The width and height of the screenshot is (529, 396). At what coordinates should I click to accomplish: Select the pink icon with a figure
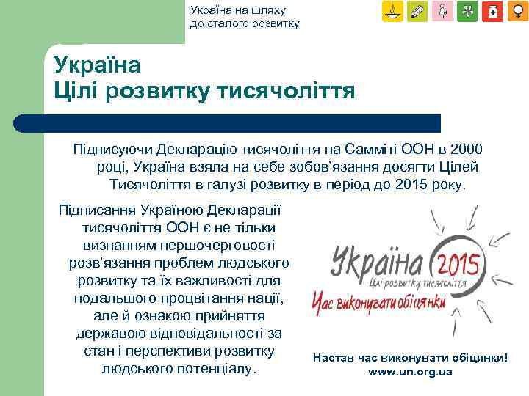pyautogui.click(x=443, y=12)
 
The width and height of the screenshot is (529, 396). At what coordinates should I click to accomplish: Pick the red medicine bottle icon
pyautogui.click(x=493, y=12)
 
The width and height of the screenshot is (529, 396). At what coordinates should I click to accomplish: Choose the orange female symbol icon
pyautogui.click(x=517, y=12)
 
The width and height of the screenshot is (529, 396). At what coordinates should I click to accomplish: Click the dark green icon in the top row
pyautogui.click(x=468, y=12)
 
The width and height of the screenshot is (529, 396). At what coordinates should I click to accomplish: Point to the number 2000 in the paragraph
pyautogui.click(x=464, y=148)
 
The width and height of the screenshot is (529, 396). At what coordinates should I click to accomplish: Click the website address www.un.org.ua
pyautogui.click(x=410, y=372)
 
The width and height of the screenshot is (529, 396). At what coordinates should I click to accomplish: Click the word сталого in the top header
pyautogui.click(x=227, y=23)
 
